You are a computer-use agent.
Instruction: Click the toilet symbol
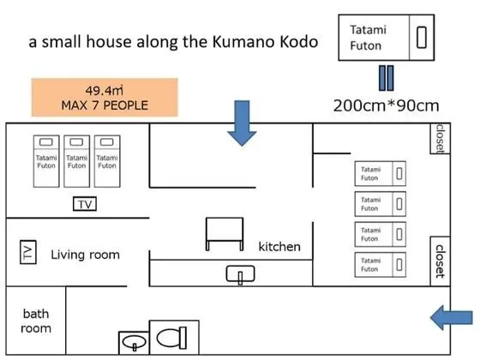pyautogui.click(x=171, y=338)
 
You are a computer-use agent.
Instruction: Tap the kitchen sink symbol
pyautogui.click(x=240, y=273)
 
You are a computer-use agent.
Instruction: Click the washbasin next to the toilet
pyautogui.click(x=134, y=342)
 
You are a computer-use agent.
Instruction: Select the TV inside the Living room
pyautogui.click(x=28, y=252)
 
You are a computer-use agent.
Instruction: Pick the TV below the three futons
pyautogui.click(x=85, y=204)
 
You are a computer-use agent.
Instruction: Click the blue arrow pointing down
pyautogui.click(x=242, y=123)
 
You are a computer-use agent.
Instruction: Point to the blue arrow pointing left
pyautogui.click(x=452, y=317)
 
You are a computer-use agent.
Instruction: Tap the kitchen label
pyautogui.click(x=279, y=247)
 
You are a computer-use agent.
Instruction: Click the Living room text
pyautogui.click(x=85, y=255)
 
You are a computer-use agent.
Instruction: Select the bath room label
pyautogui.click(x=36, y=321)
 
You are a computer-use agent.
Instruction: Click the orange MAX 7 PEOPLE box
pyautogui.click(x=105, y=98)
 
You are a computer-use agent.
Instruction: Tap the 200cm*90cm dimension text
pyautogui.click(x=386, y=105)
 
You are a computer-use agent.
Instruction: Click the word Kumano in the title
pyautogui.click(x=243, y=42)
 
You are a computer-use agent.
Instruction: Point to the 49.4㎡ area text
pyautogui.click(x=104, y=90)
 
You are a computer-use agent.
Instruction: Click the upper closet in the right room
pyautogui.click(x=441, y=138)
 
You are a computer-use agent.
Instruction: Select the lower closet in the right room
pyautogui.click(x=441, y=261)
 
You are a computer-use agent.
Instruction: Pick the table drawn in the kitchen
pyautogui.click(x=225, y=234)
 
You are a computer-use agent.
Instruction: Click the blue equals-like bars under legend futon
pyautogui.click(x=387, y=78)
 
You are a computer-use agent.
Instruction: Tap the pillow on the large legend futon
pyautogui.click(x=422, y=38)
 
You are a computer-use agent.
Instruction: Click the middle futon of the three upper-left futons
pyautogui.click(x=77, y=161)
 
